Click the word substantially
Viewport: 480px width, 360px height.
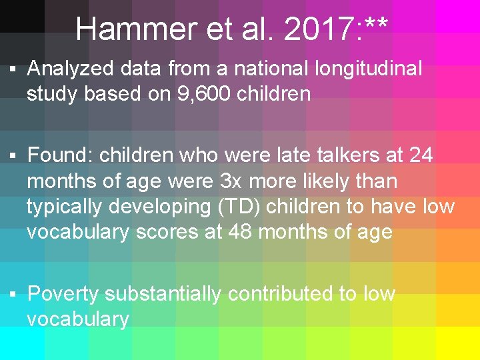coord(163,293)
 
